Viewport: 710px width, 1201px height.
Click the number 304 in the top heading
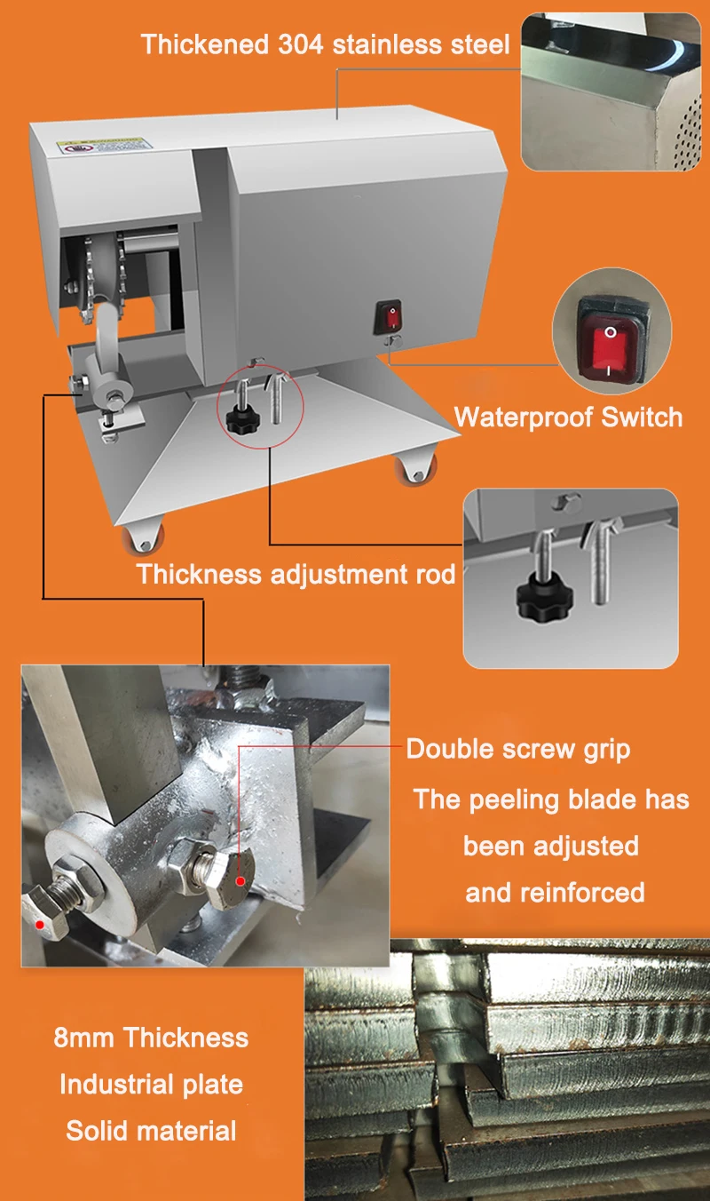coord(304,44)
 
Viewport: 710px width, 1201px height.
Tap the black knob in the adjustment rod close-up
coord(539,600)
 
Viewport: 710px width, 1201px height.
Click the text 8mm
coord(85,1037)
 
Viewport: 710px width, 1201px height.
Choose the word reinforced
coord(555,892)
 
